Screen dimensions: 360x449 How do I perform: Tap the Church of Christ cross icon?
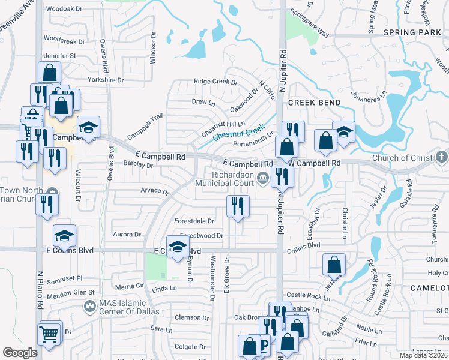tap(442, 158)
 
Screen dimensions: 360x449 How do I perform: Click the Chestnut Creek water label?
tap(238, 133)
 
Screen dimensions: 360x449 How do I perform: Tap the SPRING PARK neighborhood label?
tap(415, 32)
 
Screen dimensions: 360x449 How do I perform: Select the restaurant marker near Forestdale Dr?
tap(238, 206)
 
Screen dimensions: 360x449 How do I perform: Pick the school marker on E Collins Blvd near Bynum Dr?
tap(178, 247)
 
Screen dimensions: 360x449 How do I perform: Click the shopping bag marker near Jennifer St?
tap(49, 73)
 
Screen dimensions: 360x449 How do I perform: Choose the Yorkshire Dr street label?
tap(105, 79)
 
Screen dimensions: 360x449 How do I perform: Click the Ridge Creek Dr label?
tap(215, 82)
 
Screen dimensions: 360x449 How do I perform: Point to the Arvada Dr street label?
tap(155, 191)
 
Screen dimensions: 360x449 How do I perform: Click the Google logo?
tap(20, 353)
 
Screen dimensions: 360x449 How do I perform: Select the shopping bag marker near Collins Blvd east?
tap(334, 264)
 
